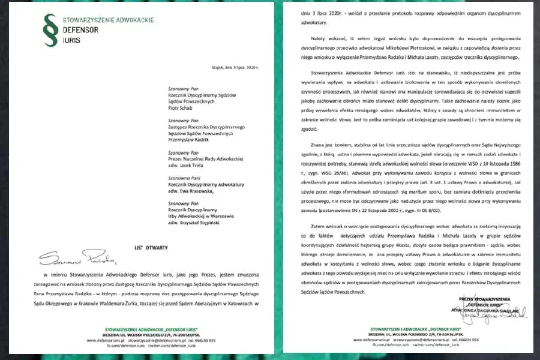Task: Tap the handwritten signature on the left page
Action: point(78,260)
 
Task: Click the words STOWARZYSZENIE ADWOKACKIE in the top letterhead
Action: point(108,20)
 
